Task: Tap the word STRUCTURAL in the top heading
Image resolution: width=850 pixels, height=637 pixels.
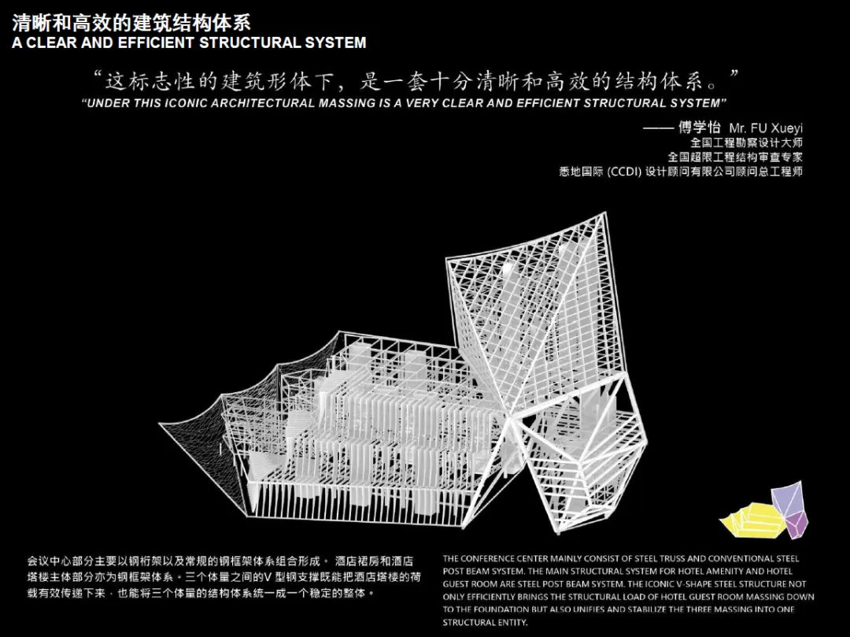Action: (246, 43)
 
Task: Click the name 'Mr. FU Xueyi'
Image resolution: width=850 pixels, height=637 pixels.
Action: (766, 128)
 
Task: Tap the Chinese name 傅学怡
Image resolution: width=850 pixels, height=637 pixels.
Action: (699, 128)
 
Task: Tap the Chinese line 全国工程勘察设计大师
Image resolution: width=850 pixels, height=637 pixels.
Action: (746, 143)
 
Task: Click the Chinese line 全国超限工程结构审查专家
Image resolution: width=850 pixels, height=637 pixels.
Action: (735, 157)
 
